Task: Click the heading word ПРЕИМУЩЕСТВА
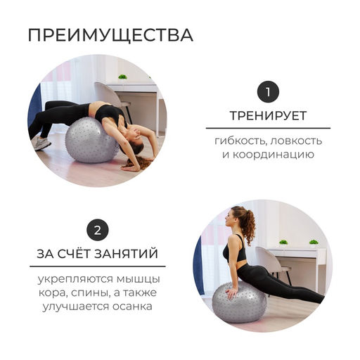[110, 36]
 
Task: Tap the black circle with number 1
[268, 91]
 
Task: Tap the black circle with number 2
[98, 230]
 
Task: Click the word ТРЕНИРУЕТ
[268, 116]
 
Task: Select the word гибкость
[240, 141]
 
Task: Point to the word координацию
[274, 155]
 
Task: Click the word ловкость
[296, 141]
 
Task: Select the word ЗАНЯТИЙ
[126, 254]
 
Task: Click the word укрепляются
[75, 280]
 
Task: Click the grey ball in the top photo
[91, 140]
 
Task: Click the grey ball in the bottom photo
[239, 302]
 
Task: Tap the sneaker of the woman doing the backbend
[41, 143]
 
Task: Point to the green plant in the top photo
[122, 77]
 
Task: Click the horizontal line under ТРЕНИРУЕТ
[268, 128]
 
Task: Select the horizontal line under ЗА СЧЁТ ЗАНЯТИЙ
[98, 266]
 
